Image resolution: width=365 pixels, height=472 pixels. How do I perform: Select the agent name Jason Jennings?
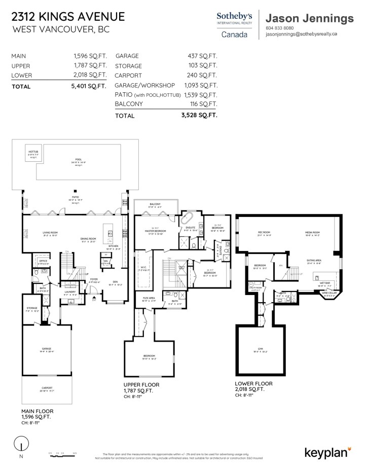tap(309, 18)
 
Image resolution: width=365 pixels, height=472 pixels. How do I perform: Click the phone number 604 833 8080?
tap(279, 28)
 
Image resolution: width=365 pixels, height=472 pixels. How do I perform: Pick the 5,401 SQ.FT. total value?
tap(89, 86)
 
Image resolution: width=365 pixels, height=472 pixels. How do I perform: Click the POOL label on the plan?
tap(78, 159)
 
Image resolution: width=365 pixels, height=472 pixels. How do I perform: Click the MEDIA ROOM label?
tap(313, 233)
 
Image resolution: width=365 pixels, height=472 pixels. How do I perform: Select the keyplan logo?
tap(327, 452)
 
